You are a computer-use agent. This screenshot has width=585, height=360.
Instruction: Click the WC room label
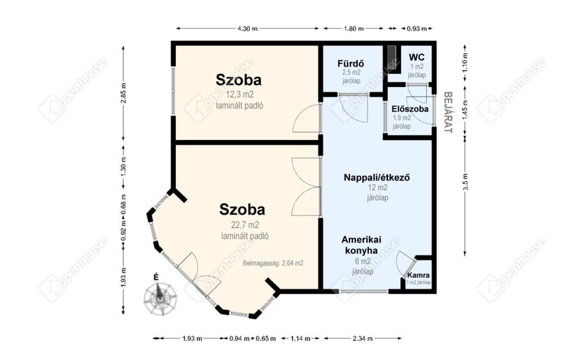click(x=416, y=57)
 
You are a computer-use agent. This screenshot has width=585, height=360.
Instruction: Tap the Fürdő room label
click(x=351, y=63)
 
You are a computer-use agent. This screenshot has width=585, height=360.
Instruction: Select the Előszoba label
click(x=410, y=109)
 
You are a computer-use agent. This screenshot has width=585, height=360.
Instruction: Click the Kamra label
click(x=418, y=275)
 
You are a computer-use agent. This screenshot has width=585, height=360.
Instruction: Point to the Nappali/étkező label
click(x=377, y=177)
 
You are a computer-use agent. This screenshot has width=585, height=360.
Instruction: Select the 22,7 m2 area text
click(x=245, y=225)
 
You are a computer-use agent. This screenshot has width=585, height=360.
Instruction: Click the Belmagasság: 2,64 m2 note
click(x=273, y=263)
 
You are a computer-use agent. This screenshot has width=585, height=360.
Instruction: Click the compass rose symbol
click(x=161, y=298)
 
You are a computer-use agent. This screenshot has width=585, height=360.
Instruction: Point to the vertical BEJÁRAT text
click(x=448, y=113)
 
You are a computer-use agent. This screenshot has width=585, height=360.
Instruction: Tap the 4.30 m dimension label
click(x=248, y=29)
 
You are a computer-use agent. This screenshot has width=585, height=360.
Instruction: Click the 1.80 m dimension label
click(x=354, y=29)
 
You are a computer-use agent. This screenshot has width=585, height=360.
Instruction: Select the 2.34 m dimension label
click(x=363, y=338)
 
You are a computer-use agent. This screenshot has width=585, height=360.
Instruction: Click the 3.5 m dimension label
click(x=465, y=182)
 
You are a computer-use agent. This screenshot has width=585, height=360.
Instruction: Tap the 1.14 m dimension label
click(x=300, y=338)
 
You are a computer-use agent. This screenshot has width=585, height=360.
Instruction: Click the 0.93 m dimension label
click(x=416, y=29)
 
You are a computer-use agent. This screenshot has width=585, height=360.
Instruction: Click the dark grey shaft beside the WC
click(x=391, y=56)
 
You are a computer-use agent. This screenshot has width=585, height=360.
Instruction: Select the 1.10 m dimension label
click(x=465, y=62)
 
